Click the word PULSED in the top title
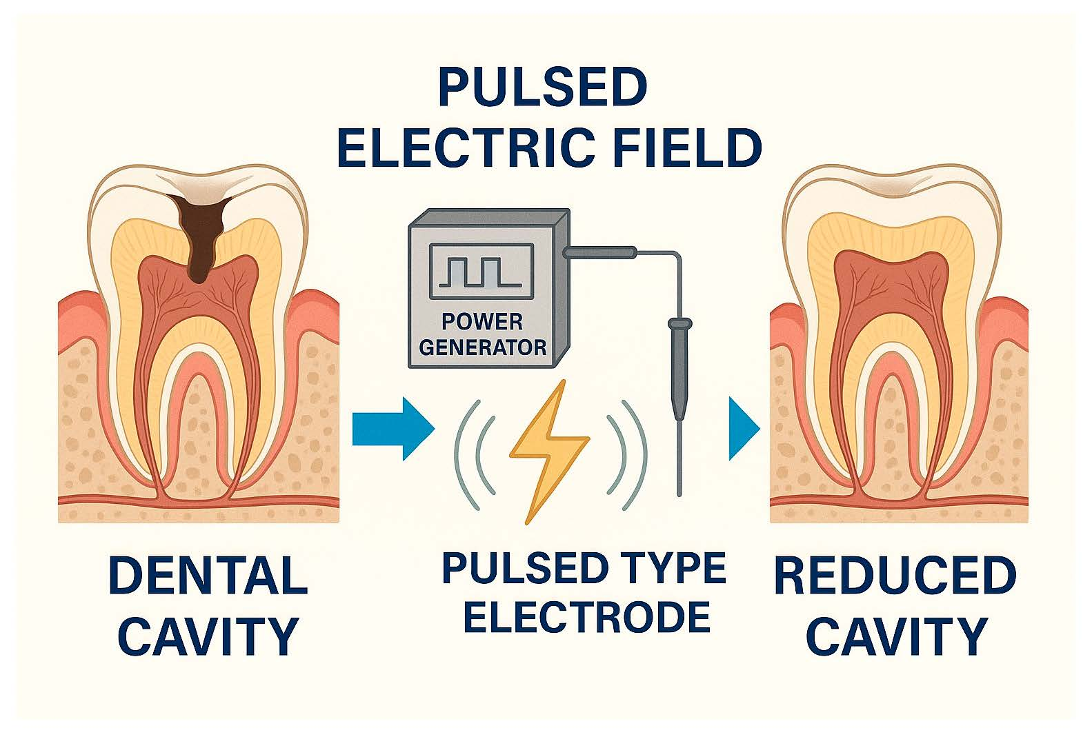tap(542, 88)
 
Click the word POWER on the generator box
tap(482, 321)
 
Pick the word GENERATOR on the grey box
tap(482, 346)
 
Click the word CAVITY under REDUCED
tap(897, 636)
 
